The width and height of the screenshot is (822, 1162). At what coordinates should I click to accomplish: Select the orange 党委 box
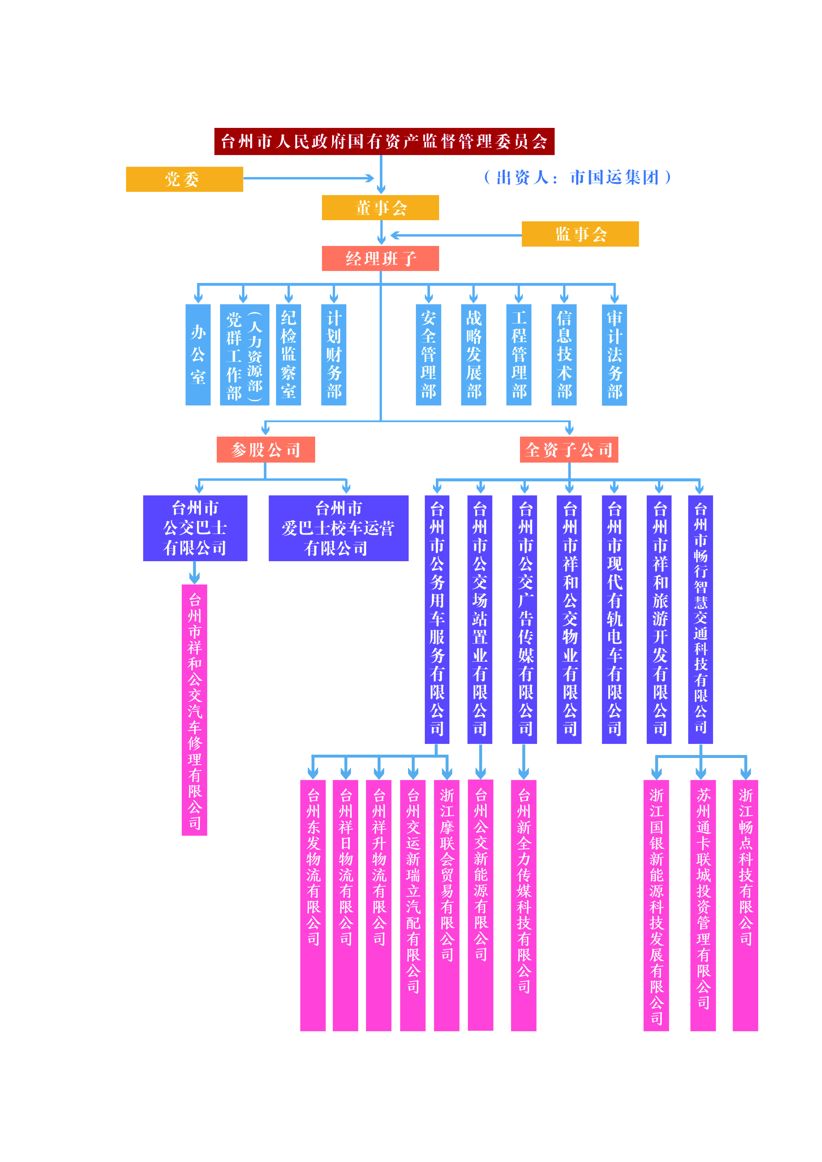coord(184,179)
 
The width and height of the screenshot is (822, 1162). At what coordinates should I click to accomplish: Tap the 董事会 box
coord(380,208)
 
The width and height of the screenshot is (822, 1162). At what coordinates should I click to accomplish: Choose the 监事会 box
coord(580,234)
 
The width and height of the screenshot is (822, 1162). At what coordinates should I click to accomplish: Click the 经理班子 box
coord(380,259)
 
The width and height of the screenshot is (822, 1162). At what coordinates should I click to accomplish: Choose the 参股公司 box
coord(266,449)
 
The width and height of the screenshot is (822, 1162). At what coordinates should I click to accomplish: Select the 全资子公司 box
coord(569,449)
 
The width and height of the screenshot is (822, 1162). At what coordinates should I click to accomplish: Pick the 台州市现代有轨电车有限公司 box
coord(614,619)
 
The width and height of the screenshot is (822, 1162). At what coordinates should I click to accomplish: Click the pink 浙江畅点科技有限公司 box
coord(745,905)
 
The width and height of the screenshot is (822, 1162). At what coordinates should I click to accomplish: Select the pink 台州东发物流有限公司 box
coord(313,905)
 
